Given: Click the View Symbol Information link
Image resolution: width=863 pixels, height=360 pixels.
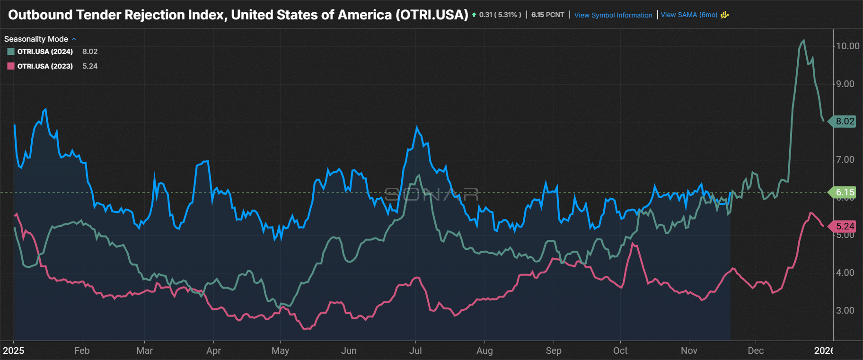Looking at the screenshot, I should tap(613, 15).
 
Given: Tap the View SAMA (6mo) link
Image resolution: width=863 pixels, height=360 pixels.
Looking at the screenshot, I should tap(689, 15).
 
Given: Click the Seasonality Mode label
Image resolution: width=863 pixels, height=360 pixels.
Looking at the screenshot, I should tap(36, 39).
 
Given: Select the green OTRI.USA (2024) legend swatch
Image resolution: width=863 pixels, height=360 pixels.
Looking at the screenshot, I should tap(11, 52).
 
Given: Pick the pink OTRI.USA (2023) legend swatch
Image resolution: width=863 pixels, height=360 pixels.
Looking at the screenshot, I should tap(11, 66).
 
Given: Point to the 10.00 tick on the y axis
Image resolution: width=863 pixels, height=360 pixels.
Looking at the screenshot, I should tap(847, 46).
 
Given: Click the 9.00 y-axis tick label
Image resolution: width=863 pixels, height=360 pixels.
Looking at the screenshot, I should tap(845, 84).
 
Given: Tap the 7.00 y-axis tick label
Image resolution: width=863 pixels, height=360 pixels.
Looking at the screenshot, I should tap(845, 159).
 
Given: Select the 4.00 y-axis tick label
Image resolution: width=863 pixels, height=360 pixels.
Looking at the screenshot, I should tap(845, 272).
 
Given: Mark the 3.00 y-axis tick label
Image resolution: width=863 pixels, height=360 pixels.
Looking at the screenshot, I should tap(845, 310).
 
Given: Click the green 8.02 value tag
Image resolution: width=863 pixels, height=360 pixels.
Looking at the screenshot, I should tap(845, 121).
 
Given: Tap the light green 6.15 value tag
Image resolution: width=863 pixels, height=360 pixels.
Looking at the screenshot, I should tap(845, 192).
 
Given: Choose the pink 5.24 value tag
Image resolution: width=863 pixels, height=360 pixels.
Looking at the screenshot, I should tap(845, 226).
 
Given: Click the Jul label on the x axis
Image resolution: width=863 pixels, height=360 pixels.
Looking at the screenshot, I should tap(415, 351).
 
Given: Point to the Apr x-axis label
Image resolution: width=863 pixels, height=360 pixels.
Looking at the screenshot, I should tap(213, 351).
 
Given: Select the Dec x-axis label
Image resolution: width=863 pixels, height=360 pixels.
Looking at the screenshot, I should tap(756, 351).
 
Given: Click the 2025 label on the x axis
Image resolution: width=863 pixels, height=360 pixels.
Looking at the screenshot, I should tap(13, 351).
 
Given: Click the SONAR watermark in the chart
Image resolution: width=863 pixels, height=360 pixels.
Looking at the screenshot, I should tap(431, 194).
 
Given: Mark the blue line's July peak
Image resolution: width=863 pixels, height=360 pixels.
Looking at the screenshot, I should tap(417, 127).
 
